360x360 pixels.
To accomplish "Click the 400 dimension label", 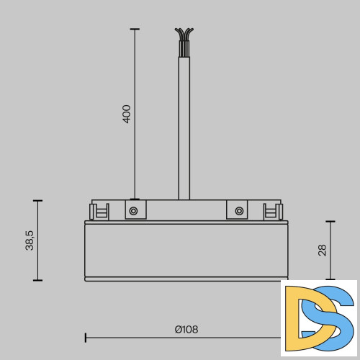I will pos(127,114).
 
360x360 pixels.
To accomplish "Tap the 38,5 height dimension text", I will pos(30,240).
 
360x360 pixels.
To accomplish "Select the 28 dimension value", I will pos(322,250).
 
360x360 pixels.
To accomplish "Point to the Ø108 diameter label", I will pos(186,330).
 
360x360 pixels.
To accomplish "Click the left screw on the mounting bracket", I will pos(133,211).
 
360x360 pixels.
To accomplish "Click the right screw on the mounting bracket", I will pos(238,211).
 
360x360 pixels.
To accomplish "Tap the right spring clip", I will pos(271,212).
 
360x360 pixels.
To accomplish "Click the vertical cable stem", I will pos(184,130).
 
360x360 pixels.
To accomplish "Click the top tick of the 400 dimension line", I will pos(134,29).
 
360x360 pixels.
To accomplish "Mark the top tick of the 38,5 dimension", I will pos(37,201).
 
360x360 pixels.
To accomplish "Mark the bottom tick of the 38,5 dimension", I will pos(37,280).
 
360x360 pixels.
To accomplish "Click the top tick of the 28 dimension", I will pos(330,222).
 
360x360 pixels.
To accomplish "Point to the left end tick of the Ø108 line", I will pos(86,336).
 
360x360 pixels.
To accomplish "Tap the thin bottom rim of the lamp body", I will pos(184,279).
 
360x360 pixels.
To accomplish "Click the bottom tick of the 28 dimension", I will pos(330,279).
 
